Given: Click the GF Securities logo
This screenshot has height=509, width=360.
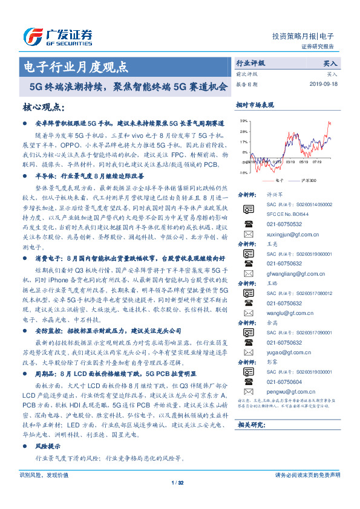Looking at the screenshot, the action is (57, 36).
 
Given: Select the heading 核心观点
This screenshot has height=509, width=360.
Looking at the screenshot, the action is (43, 107).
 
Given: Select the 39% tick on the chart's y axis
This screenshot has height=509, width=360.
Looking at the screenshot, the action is (243, 121).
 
